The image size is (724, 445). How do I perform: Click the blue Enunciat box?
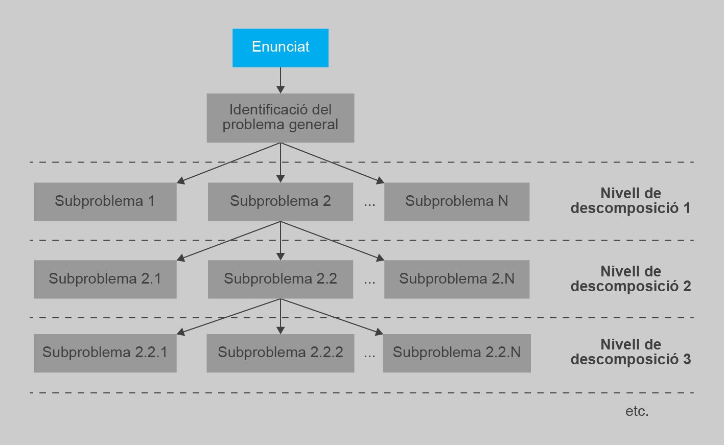281,48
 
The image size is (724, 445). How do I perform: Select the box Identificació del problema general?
281,118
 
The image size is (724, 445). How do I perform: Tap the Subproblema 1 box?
105,202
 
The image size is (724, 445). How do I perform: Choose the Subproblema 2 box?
281,202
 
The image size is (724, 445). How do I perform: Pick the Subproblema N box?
457,202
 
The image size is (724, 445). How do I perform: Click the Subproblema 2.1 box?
105,279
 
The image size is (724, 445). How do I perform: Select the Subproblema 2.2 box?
281,279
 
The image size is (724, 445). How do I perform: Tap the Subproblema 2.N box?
457,279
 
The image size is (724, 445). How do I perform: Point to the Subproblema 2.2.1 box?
105,353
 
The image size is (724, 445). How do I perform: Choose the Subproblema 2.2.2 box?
281,353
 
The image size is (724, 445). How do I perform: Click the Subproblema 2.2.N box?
457,353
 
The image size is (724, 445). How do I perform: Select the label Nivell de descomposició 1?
630,201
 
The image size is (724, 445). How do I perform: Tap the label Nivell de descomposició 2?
630,278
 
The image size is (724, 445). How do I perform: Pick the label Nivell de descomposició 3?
630,352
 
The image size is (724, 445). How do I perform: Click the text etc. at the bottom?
637,411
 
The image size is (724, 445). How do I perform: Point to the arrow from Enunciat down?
281,80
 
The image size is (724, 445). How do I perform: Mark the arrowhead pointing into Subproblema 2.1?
181,257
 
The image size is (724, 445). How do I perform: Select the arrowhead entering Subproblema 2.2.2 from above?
281,330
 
